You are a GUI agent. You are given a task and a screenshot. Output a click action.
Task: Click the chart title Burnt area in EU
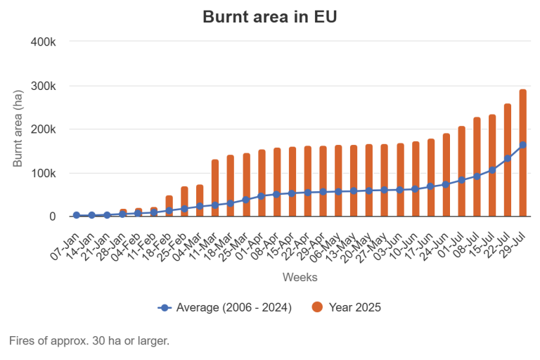pyautogui.click(x=270, y=17)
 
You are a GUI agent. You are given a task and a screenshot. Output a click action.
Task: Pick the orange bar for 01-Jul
pyautogui.click(x=461, y=172)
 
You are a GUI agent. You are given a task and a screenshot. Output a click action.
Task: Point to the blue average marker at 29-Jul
pyautogui.click(x=522, y=145)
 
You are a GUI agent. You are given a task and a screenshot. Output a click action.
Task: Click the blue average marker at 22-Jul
pyautogui.click(x=508, y=158)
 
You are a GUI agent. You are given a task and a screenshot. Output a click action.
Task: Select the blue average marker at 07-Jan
pyautogui.click(x=77, y=215)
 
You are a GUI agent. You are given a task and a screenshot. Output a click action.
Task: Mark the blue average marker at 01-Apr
pyautogui.click(x=262, y=196)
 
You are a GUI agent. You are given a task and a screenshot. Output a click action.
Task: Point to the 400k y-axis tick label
pyautogui.click(x=44, y=42)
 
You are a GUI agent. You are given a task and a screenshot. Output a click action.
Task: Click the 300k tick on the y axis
pyautogui.click(x=44, y=86)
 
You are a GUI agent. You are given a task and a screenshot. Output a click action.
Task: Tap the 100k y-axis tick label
pyautogui.click(x=44, y=173)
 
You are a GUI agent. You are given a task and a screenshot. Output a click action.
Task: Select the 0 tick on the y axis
pyautogui.click(x=53, y=217)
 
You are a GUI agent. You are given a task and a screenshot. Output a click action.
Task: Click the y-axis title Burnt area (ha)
pyautogui.click(x=19, y=129)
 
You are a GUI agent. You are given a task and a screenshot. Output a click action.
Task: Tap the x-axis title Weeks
pyautogui.click(x=300, y=277)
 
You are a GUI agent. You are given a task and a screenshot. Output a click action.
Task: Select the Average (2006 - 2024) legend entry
pyautogui.click(x=225, y=307)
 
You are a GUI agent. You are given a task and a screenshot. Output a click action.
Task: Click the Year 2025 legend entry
pyautogui.click(x=347, y=307)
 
